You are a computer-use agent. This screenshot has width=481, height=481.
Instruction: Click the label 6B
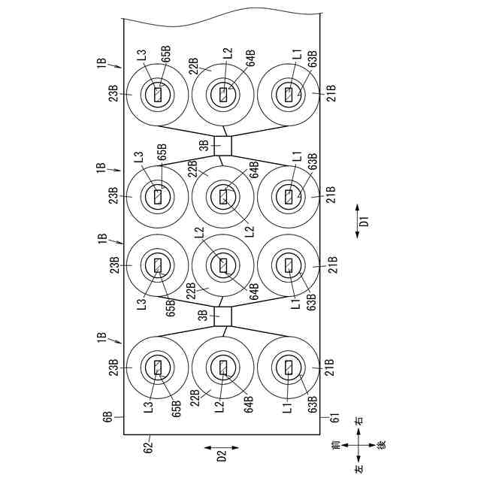(108, 417)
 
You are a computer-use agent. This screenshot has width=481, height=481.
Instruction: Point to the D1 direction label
(364, 221)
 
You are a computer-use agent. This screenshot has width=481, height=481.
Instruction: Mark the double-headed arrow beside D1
(357, 221)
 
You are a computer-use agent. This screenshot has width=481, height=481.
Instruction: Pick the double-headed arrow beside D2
(222, 448)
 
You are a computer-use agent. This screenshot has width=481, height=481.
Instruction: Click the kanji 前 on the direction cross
(336, 445)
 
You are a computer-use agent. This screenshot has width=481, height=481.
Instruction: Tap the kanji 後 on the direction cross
(381, 445)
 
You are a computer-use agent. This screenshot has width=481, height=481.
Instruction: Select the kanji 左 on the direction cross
(358, 467)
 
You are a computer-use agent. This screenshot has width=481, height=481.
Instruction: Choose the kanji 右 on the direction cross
(358, 420)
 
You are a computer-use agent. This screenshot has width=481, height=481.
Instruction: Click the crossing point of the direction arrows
(358, 445)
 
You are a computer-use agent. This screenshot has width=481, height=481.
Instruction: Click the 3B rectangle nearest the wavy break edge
(222, 146)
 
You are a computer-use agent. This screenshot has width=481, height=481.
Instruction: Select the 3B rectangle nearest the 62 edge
(222, 316)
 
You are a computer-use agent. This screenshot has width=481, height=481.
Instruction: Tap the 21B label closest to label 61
(330, 368)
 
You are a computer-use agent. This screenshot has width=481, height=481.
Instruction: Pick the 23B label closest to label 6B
(113, 368)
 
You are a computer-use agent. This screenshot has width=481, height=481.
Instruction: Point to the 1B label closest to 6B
(101, 337)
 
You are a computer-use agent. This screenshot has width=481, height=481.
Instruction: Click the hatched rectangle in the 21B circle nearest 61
(289, 368)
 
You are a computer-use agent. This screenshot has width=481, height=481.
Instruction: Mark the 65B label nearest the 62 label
(176, 409)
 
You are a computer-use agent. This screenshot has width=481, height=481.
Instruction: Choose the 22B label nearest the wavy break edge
(193, 66)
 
